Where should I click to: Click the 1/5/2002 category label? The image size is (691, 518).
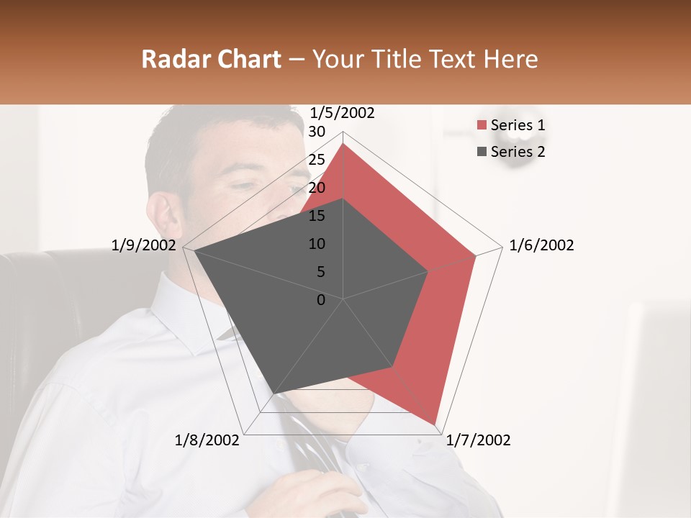342,113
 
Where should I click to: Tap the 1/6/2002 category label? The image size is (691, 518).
541,245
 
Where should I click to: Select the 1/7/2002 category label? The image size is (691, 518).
478,440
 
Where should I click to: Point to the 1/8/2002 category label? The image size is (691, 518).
207,440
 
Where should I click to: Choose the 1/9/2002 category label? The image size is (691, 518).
144,245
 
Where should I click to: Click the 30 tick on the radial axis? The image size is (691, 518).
316,132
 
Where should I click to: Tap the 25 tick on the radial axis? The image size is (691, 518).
316,160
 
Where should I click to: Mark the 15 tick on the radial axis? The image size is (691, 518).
316,216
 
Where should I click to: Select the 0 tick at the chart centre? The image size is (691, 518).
321,300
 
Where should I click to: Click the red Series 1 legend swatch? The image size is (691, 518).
482,126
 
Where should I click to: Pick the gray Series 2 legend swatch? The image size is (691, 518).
482,152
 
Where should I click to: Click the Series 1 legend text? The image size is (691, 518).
518,125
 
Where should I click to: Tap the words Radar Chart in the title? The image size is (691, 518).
211,59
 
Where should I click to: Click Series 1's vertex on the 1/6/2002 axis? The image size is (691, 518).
476,255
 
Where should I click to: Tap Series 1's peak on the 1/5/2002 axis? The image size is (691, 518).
343,144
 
